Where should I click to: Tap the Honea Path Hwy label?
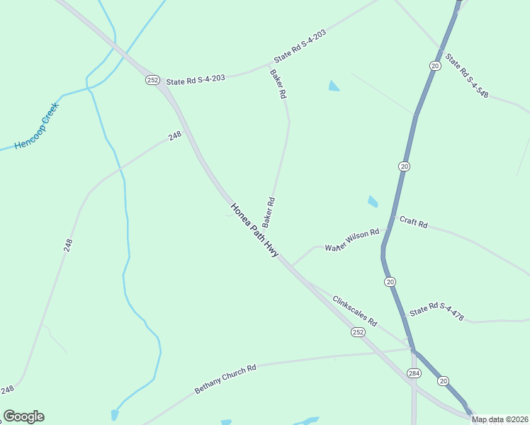(x=254, y=230)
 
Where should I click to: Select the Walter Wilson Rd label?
(x=352, y=240)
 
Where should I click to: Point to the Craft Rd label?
(x=413, y=222)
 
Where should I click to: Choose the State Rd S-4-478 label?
(x=436, y=312)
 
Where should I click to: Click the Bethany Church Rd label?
(x=225, y=380)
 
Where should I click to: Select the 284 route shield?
(x=415, y=373)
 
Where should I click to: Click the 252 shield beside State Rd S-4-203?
(x=152, y=80)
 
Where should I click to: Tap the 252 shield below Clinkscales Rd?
(x=358, y=331)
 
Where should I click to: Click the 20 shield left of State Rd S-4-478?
(x=390, y=282)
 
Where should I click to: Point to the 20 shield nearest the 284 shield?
(x=444, y=381)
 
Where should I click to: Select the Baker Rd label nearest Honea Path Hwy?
(x=269, y=212)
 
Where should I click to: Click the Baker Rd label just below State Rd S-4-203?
(x=278, y=84)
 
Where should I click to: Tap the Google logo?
(x=23, y=416)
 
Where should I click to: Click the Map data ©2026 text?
(x=500, y=419)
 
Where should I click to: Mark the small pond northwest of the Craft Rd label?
(x=373, y=202)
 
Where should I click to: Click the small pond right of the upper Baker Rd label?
(x=334, y=86)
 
